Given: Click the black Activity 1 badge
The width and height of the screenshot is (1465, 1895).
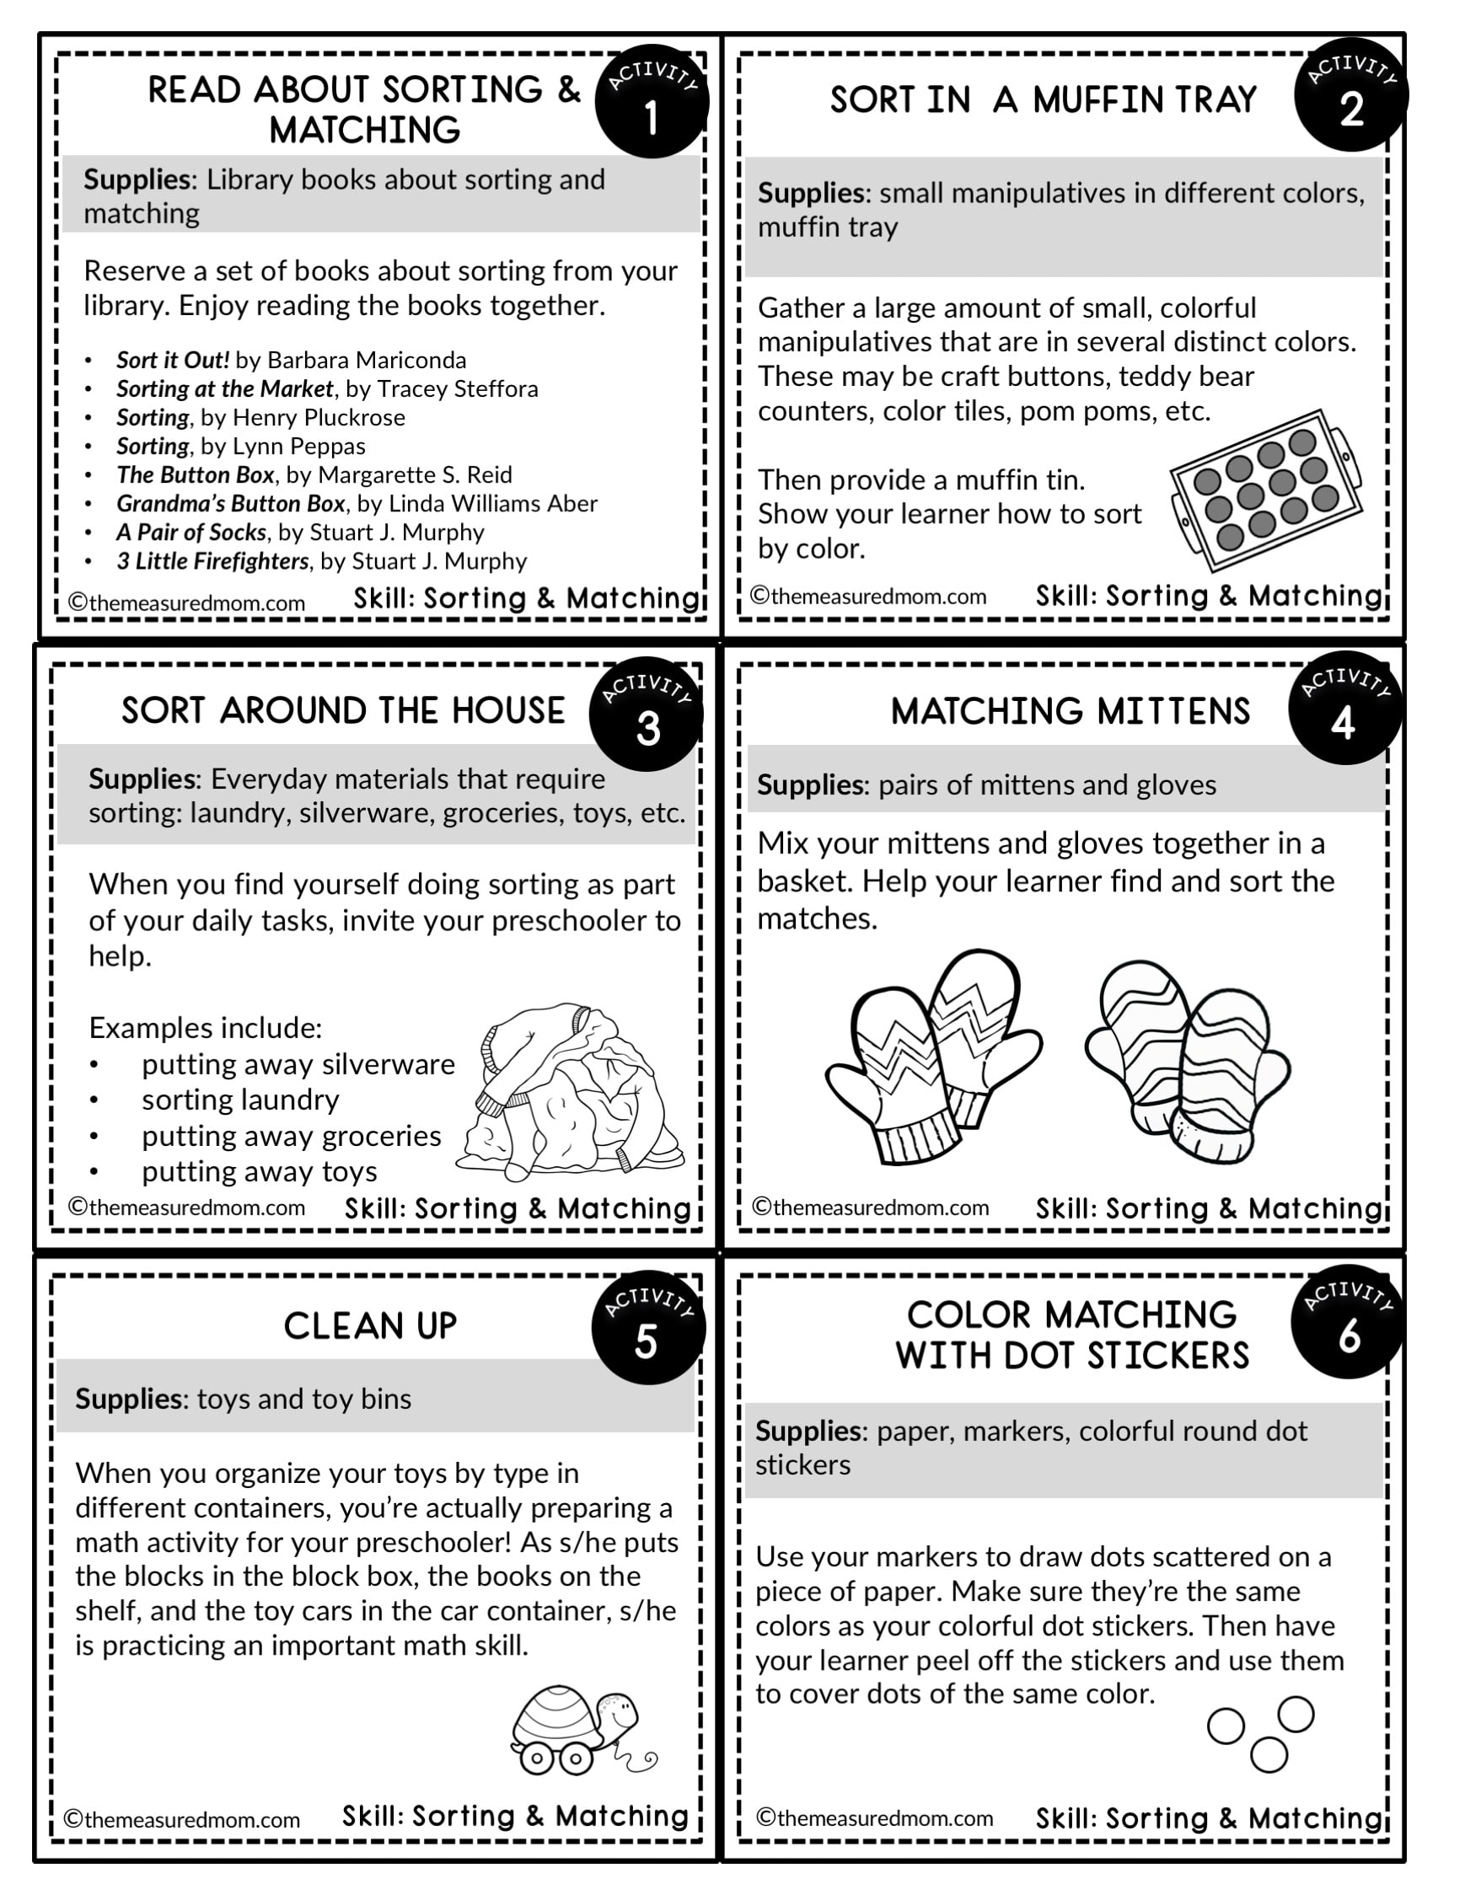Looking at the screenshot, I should [651, 101].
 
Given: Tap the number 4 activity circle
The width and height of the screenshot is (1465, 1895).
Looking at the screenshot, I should [1344, 708].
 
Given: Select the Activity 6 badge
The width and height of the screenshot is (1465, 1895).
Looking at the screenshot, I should [1348, 1323].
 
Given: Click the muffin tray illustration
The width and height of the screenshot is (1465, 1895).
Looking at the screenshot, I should [1266, 490].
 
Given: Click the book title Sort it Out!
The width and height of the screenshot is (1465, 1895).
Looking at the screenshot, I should [173, 360].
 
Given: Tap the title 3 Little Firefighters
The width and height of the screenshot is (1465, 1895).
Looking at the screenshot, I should [212, 561].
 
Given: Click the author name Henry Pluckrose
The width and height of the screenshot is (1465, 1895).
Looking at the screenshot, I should [319, 417].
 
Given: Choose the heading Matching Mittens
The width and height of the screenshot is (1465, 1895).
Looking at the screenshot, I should [1071, 711].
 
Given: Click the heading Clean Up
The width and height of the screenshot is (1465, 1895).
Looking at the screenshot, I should [370, 1325].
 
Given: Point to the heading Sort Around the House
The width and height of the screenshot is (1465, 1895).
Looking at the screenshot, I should [343, 710].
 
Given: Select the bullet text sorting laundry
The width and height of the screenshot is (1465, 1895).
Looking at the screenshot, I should [240, 1100].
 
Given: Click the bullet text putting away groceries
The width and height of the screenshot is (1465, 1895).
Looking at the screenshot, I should [291, 1136].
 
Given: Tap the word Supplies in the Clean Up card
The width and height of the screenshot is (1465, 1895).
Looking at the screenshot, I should [129, 1399].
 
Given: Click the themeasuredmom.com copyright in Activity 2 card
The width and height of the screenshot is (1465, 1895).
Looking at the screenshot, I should [869, 596].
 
